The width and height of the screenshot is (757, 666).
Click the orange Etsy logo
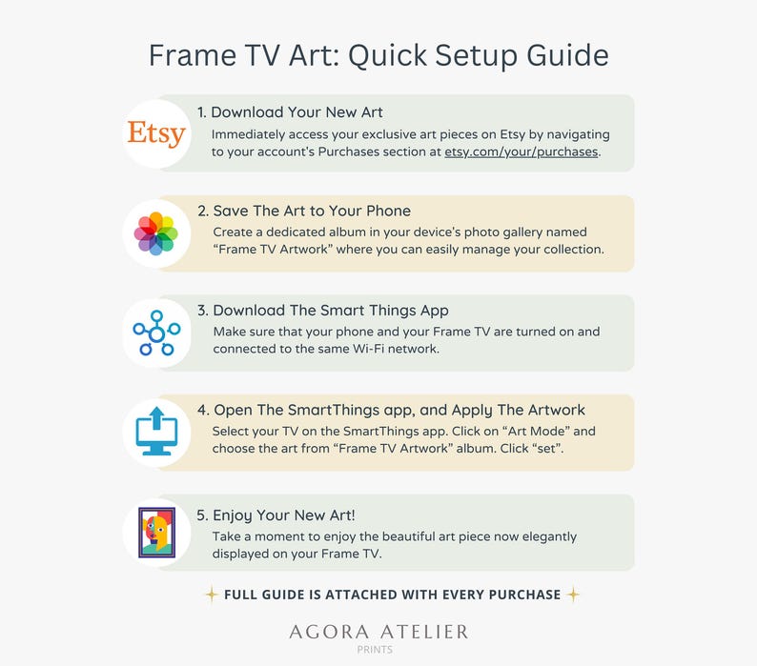point(156,133)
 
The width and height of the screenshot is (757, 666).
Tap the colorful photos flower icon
point(156,233)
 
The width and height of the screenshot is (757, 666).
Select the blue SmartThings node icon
point(156,333)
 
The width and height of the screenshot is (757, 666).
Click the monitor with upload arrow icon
point(156,432)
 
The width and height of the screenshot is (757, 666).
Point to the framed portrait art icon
point(157,533)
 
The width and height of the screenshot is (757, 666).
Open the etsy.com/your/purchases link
point(521,152)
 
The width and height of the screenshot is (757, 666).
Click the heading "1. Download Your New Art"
point(290,112)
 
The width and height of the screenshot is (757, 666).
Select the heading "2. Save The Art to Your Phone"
point(304,211)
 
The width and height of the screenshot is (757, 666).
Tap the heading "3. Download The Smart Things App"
point(323,311)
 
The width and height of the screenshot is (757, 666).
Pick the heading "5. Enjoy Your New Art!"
point(276,515)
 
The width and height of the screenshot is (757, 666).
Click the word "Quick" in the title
point(388,55)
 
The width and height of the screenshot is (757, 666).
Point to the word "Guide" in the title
point(567,55)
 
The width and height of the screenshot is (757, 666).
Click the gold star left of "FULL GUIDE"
point(212,595)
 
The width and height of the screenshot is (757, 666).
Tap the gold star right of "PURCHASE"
point(573,595)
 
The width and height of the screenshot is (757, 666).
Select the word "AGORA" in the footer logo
point(329,633)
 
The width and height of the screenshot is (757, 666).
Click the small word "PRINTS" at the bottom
point(375,650)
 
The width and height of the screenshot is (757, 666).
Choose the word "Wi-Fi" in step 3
point(369,349)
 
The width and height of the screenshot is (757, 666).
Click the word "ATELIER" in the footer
point(424,633)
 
